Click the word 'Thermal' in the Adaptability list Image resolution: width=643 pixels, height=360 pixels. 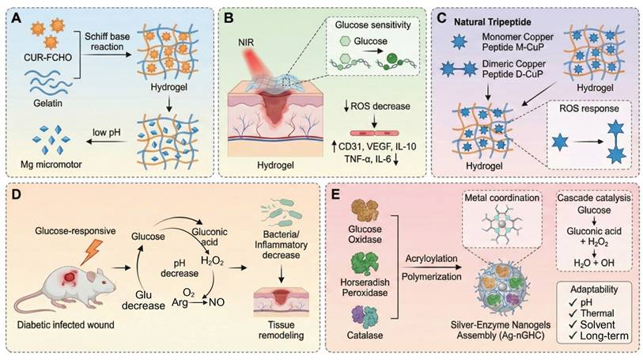(x=600, y=313)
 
